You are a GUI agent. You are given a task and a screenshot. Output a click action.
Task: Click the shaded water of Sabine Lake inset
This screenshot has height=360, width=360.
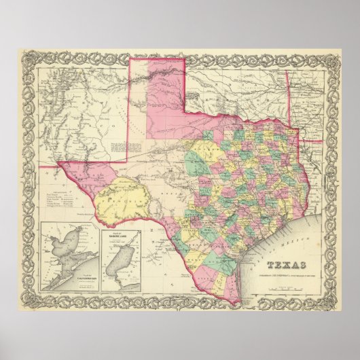[121, 261]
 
